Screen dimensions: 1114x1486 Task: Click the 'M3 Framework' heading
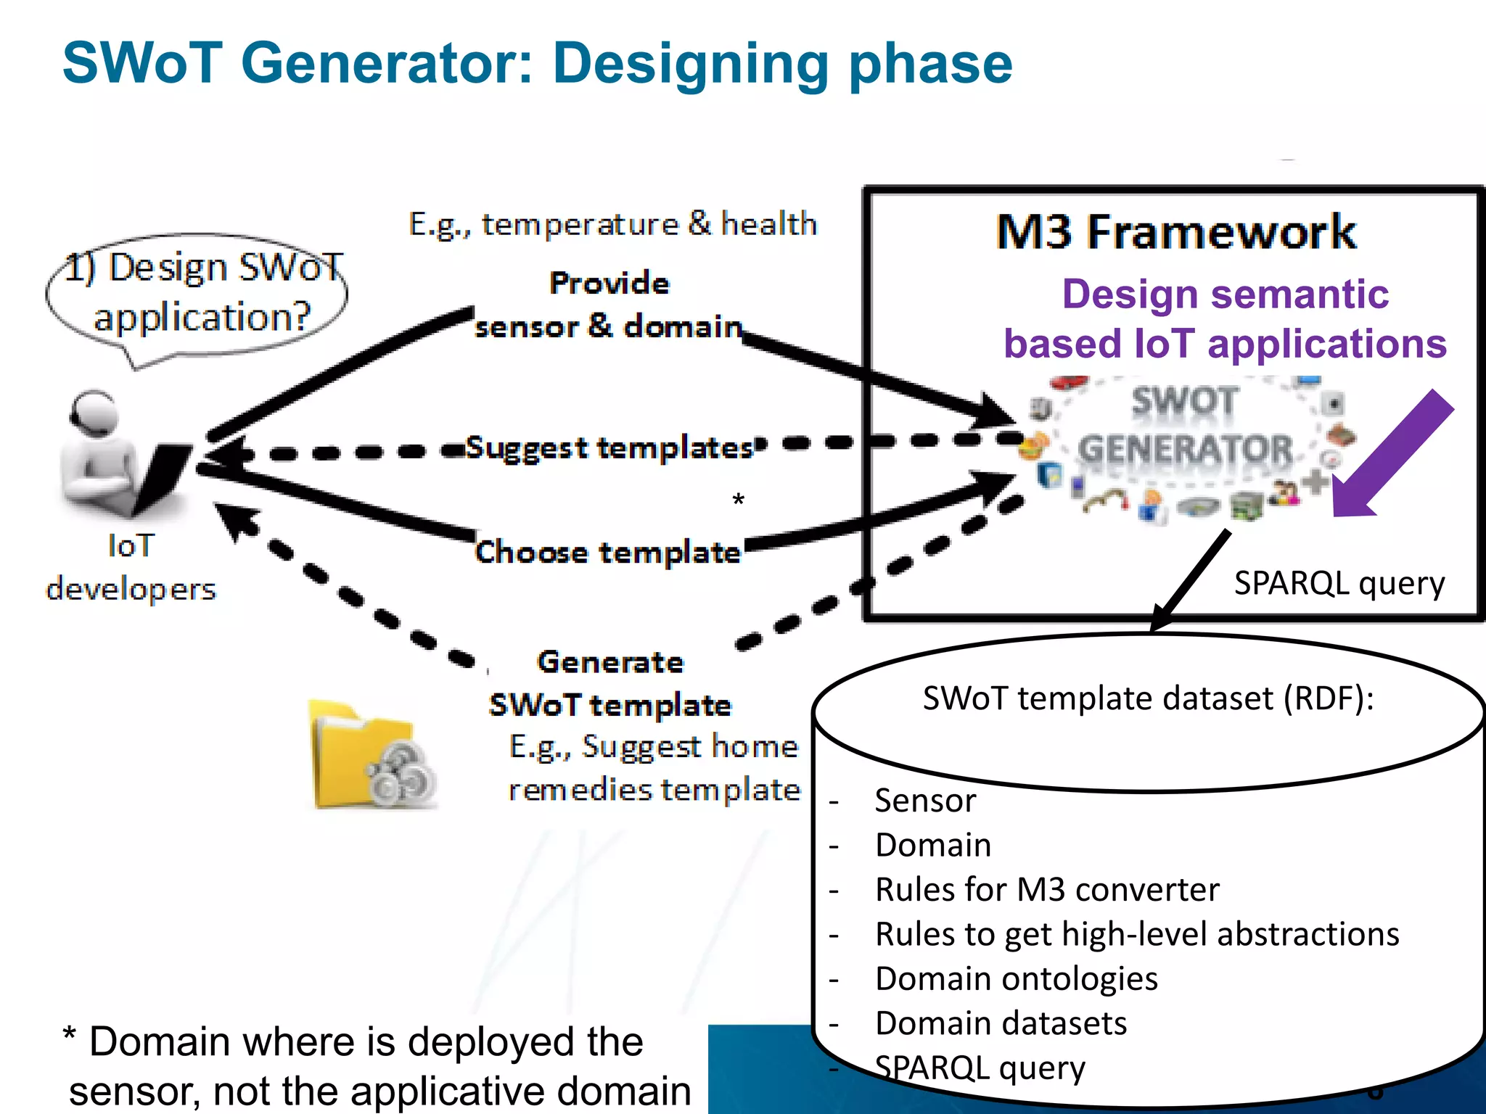tap(1175, 232)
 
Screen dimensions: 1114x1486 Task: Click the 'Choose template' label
tap(608, 553)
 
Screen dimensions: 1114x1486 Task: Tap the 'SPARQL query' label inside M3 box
tap(1339, 583)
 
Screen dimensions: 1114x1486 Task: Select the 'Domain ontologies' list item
tap(1016, 978)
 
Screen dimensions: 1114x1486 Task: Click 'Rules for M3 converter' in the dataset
tap(1047, 889)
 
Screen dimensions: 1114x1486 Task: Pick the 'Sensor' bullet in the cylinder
tap(925, 801)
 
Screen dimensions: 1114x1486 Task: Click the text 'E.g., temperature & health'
tap(613, 223)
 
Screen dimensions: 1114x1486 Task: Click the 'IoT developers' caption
tap(131, 567)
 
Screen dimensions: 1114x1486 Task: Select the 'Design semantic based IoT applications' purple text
tap(1225, 319)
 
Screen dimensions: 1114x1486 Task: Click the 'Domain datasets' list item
tap(1001, 1023)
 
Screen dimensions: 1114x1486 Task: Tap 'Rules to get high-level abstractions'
tap(1136, 934)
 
